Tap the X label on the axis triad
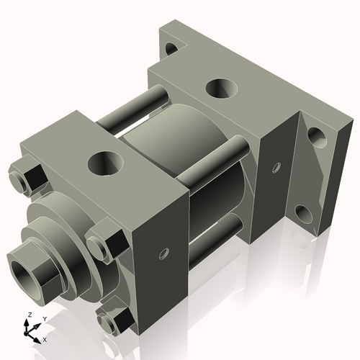point(45,338)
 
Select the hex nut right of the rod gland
point(102,243)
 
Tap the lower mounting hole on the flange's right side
point(302,213)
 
